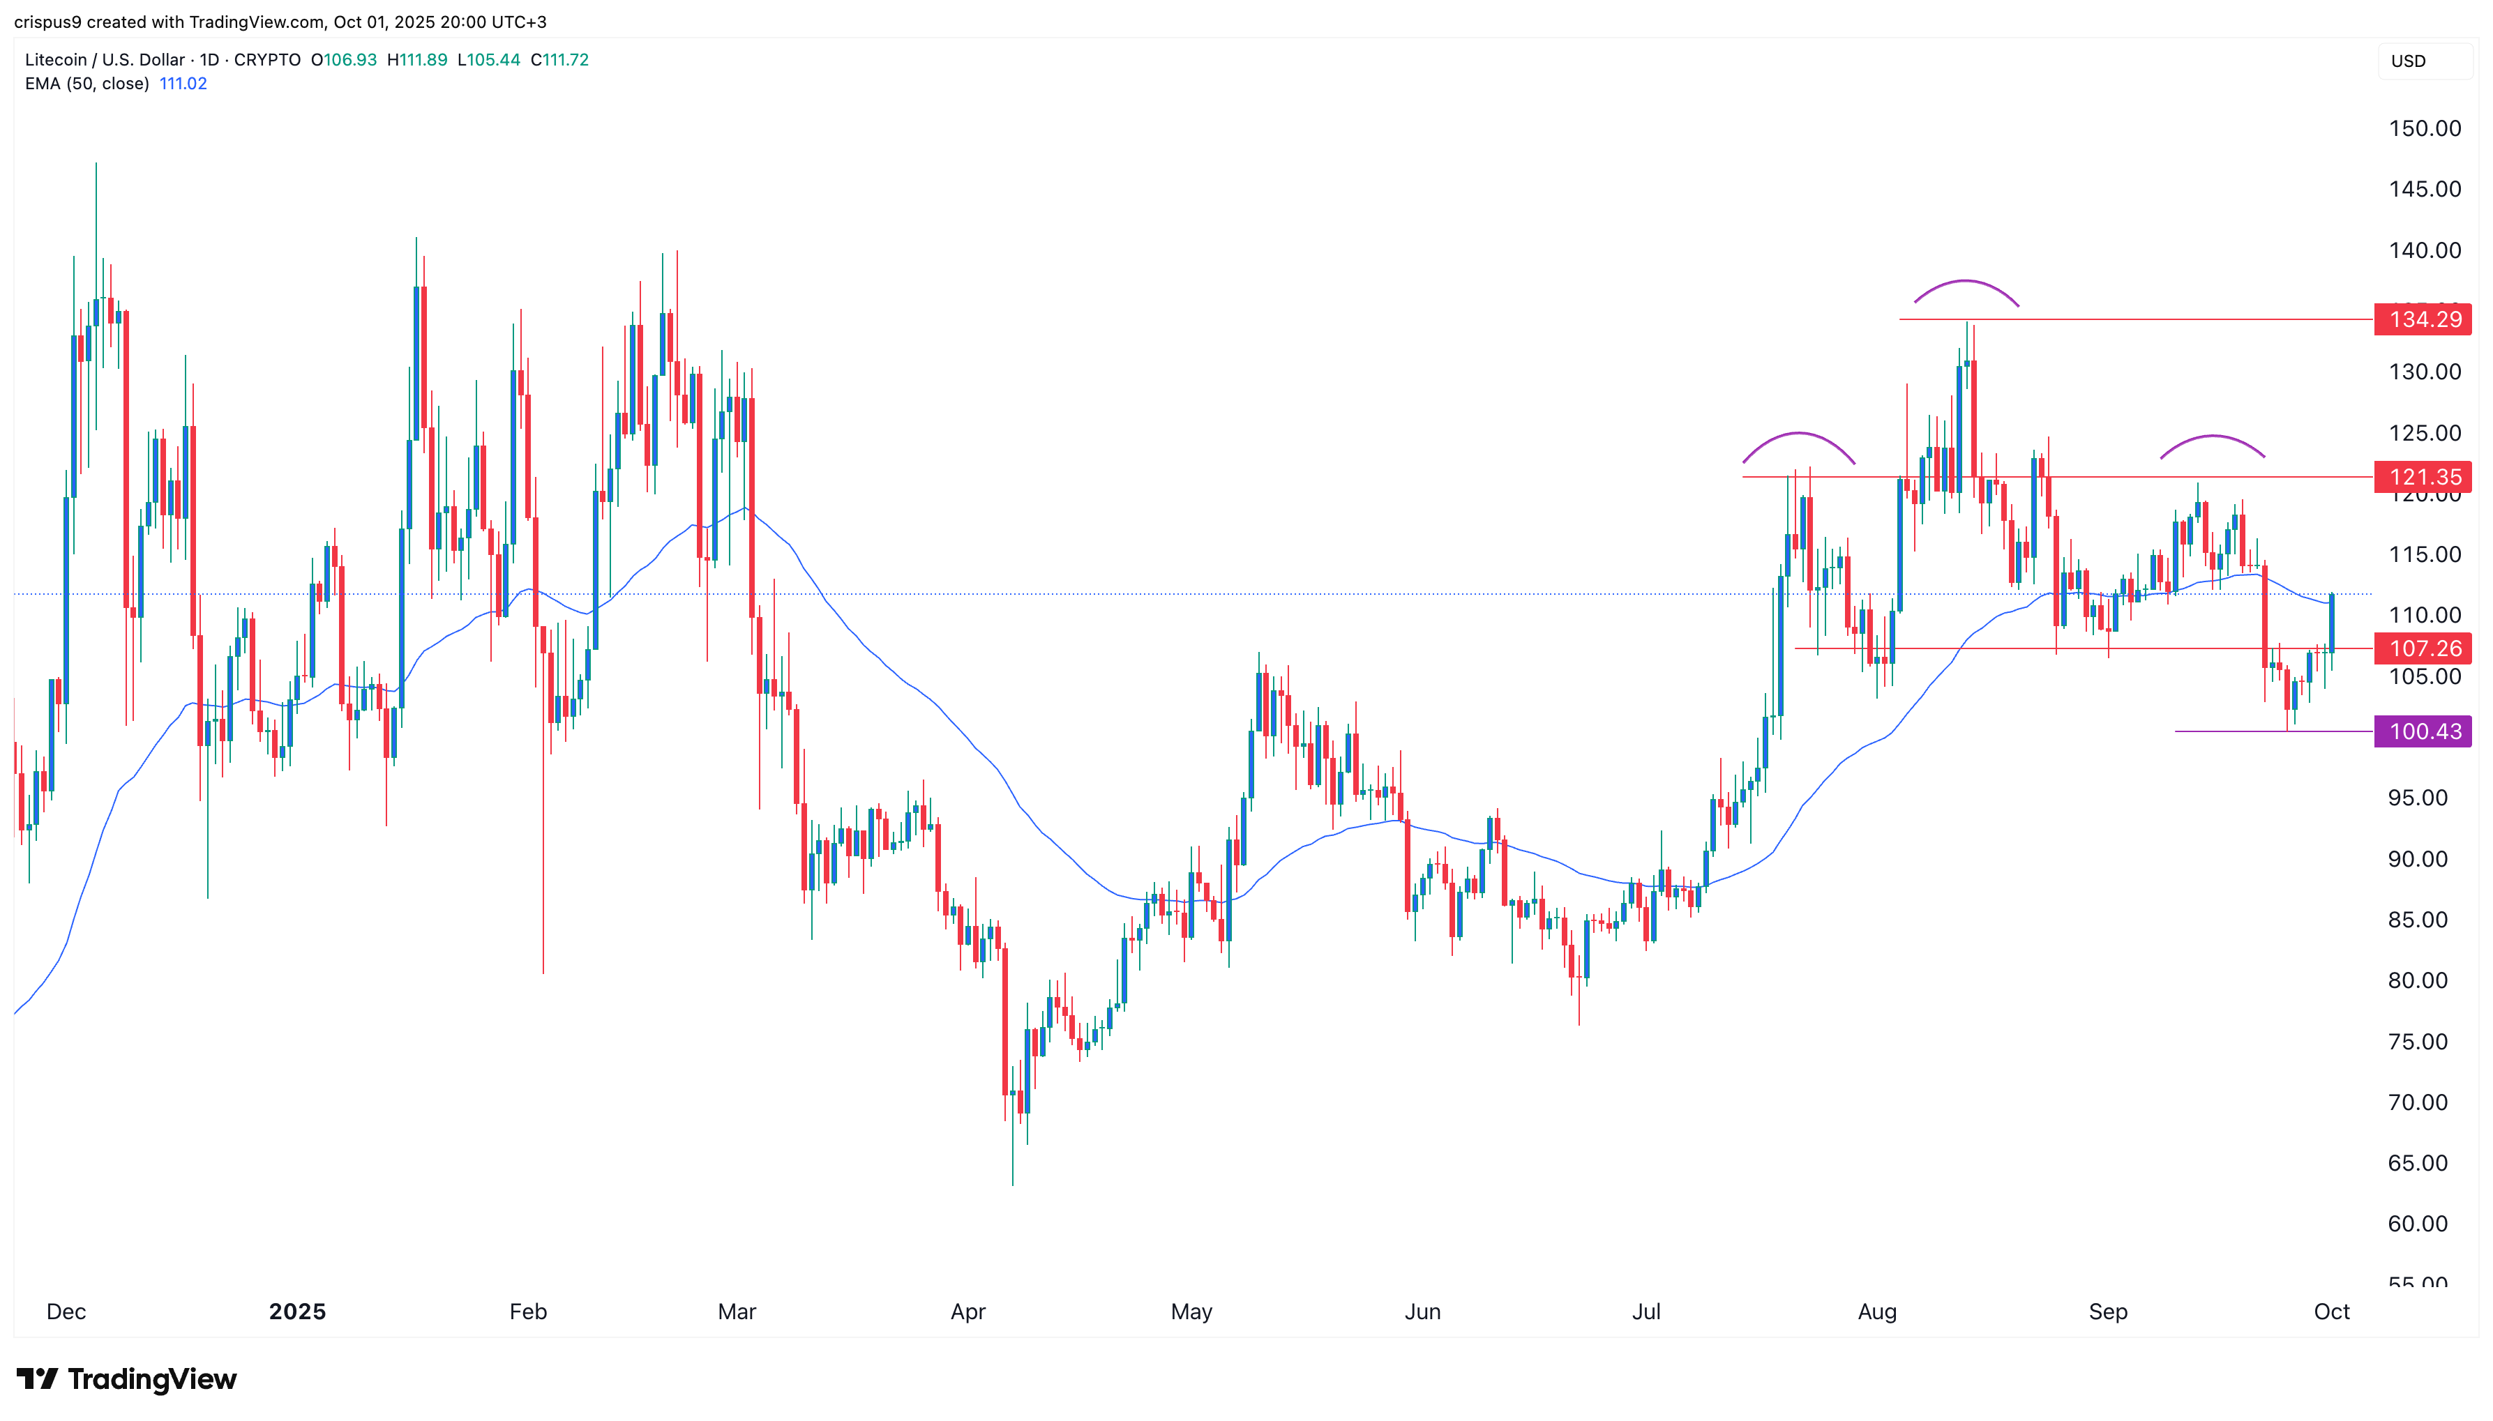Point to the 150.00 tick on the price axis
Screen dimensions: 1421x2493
[x=2424, y=128]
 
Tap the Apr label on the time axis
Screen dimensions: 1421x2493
[x=967, y=1311]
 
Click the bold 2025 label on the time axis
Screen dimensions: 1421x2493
[x=296, y=1311]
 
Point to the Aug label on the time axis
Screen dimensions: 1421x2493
[x=1876, y=1311]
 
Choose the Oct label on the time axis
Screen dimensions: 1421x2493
[x=2331, y=1311]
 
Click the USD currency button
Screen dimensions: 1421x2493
[x=2408, y=61]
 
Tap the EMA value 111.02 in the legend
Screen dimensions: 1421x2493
[x=183, y=83]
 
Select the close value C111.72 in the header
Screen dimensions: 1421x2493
[x=559, y=59]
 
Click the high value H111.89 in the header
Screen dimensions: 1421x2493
[x=417, y=59]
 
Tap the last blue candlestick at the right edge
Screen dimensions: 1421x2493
[x=2331, y=623]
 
